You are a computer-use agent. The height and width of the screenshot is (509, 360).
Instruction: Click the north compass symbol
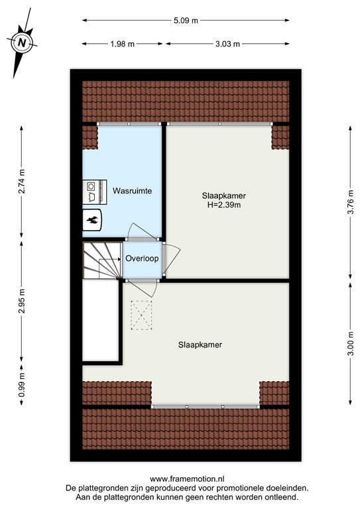pos(23,42)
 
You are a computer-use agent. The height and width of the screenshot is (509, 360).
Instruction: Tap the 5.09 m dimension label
pos(186,20)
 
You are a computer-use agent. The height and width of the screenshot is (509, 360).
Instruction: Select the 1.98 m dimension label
pos(123,44)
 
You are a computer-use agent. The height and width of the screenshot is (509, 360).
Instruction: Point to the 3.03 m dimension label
pos(227,44)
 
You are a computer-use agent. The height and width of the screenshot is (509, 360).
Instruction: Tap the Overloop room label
pos(142,258)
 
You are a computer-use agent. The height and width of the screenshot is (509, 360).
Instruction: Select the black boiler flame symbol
pos(91,221)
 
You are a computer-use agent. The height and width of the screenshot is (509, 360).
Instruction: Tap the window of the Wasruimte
pos(129,124)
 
